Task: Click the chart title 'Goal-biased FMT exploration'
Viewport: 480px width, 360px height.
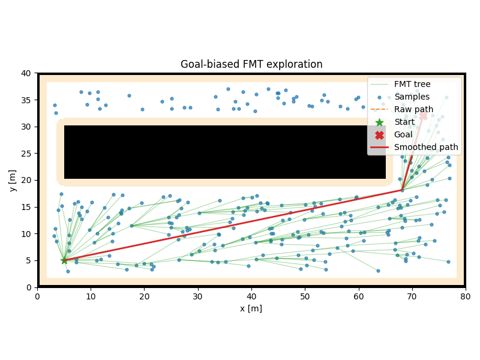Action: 251,64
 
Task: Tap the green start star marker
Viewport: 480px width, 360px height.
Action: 64,260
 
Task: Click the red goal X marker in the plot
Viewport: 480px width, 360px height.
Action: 423,116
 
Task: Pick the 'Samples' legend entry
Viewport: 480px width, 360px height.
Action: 412,97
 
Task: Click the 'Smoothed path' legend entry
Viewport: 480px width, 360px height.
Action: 425,147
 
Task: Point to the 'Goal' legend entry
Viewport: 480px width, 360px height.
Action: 403,134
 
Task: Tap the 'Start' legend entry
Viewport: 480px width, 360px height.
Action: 404,122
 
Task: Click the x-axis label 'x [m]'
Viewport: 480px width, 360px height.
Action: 251,308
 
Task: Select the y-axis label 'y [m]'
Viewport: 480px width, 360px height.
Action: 13,180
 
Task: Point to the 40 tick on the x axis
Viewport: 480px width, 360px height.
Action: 251,296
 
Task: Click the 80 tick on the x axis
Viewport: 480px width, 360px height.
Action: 466,296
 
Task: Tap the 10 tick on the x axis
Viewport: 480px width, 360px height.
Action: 91,296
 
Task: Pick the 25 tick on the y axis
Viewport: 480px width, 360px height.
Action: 27,154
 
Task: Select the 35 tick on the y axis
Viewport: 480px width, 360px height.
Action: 27,100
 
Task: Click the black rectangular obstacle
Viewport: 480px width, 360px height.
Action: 225,152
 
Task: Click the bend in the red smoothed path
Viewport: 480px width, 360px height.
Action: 401,191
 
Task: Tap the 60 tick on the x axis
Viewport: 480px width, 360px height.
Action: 358,296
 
